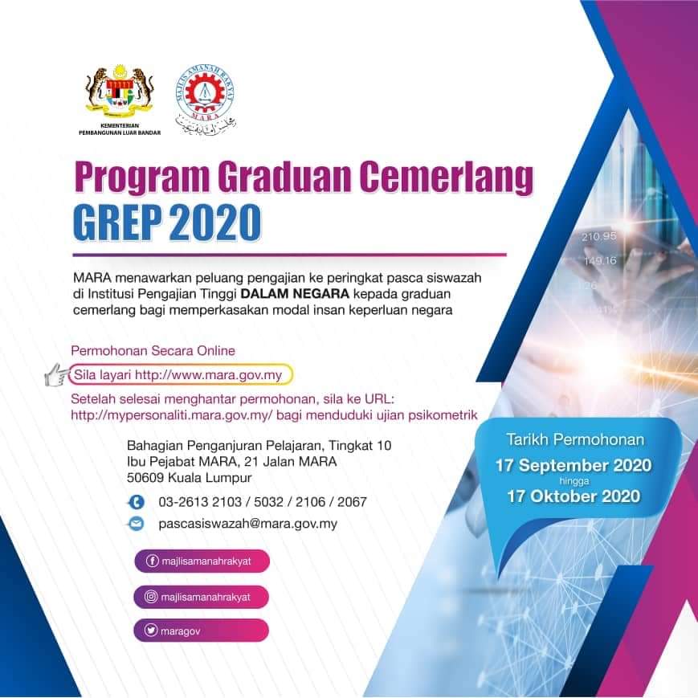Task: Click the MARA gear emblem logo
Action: click(205, 99)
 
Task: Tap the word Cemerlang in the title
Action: click(446, 178)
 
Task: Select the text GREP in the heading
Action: click(116, 222)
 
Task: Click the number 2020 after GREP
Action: click(214, 222)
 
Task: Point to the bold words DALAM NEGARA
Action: click(295, 294)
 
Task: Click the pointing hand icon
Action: click(57, 374)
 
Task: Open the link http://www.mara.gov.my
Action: click(208, 375)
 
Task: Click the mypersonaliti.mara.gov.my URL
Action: click(171, 415)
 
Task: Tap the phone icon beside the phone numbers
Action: click(137, 502)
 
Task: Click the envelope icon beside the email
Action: click(137, 524)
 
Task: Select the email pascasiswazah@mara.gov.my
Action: click(248, 524)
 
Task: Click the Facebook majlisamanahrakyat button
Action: click(202, 561)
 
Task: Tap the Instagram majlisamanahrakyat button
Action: click(202, 597)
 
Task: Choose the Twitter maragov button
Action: click(202, 631)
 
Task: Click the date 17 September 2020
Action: click(574, 466)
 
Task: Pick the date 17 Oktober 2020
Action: click(574, 496)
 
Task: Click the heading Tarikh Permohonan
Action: click(575, 440)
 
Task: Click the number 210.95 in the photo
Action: click(598, 236)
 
